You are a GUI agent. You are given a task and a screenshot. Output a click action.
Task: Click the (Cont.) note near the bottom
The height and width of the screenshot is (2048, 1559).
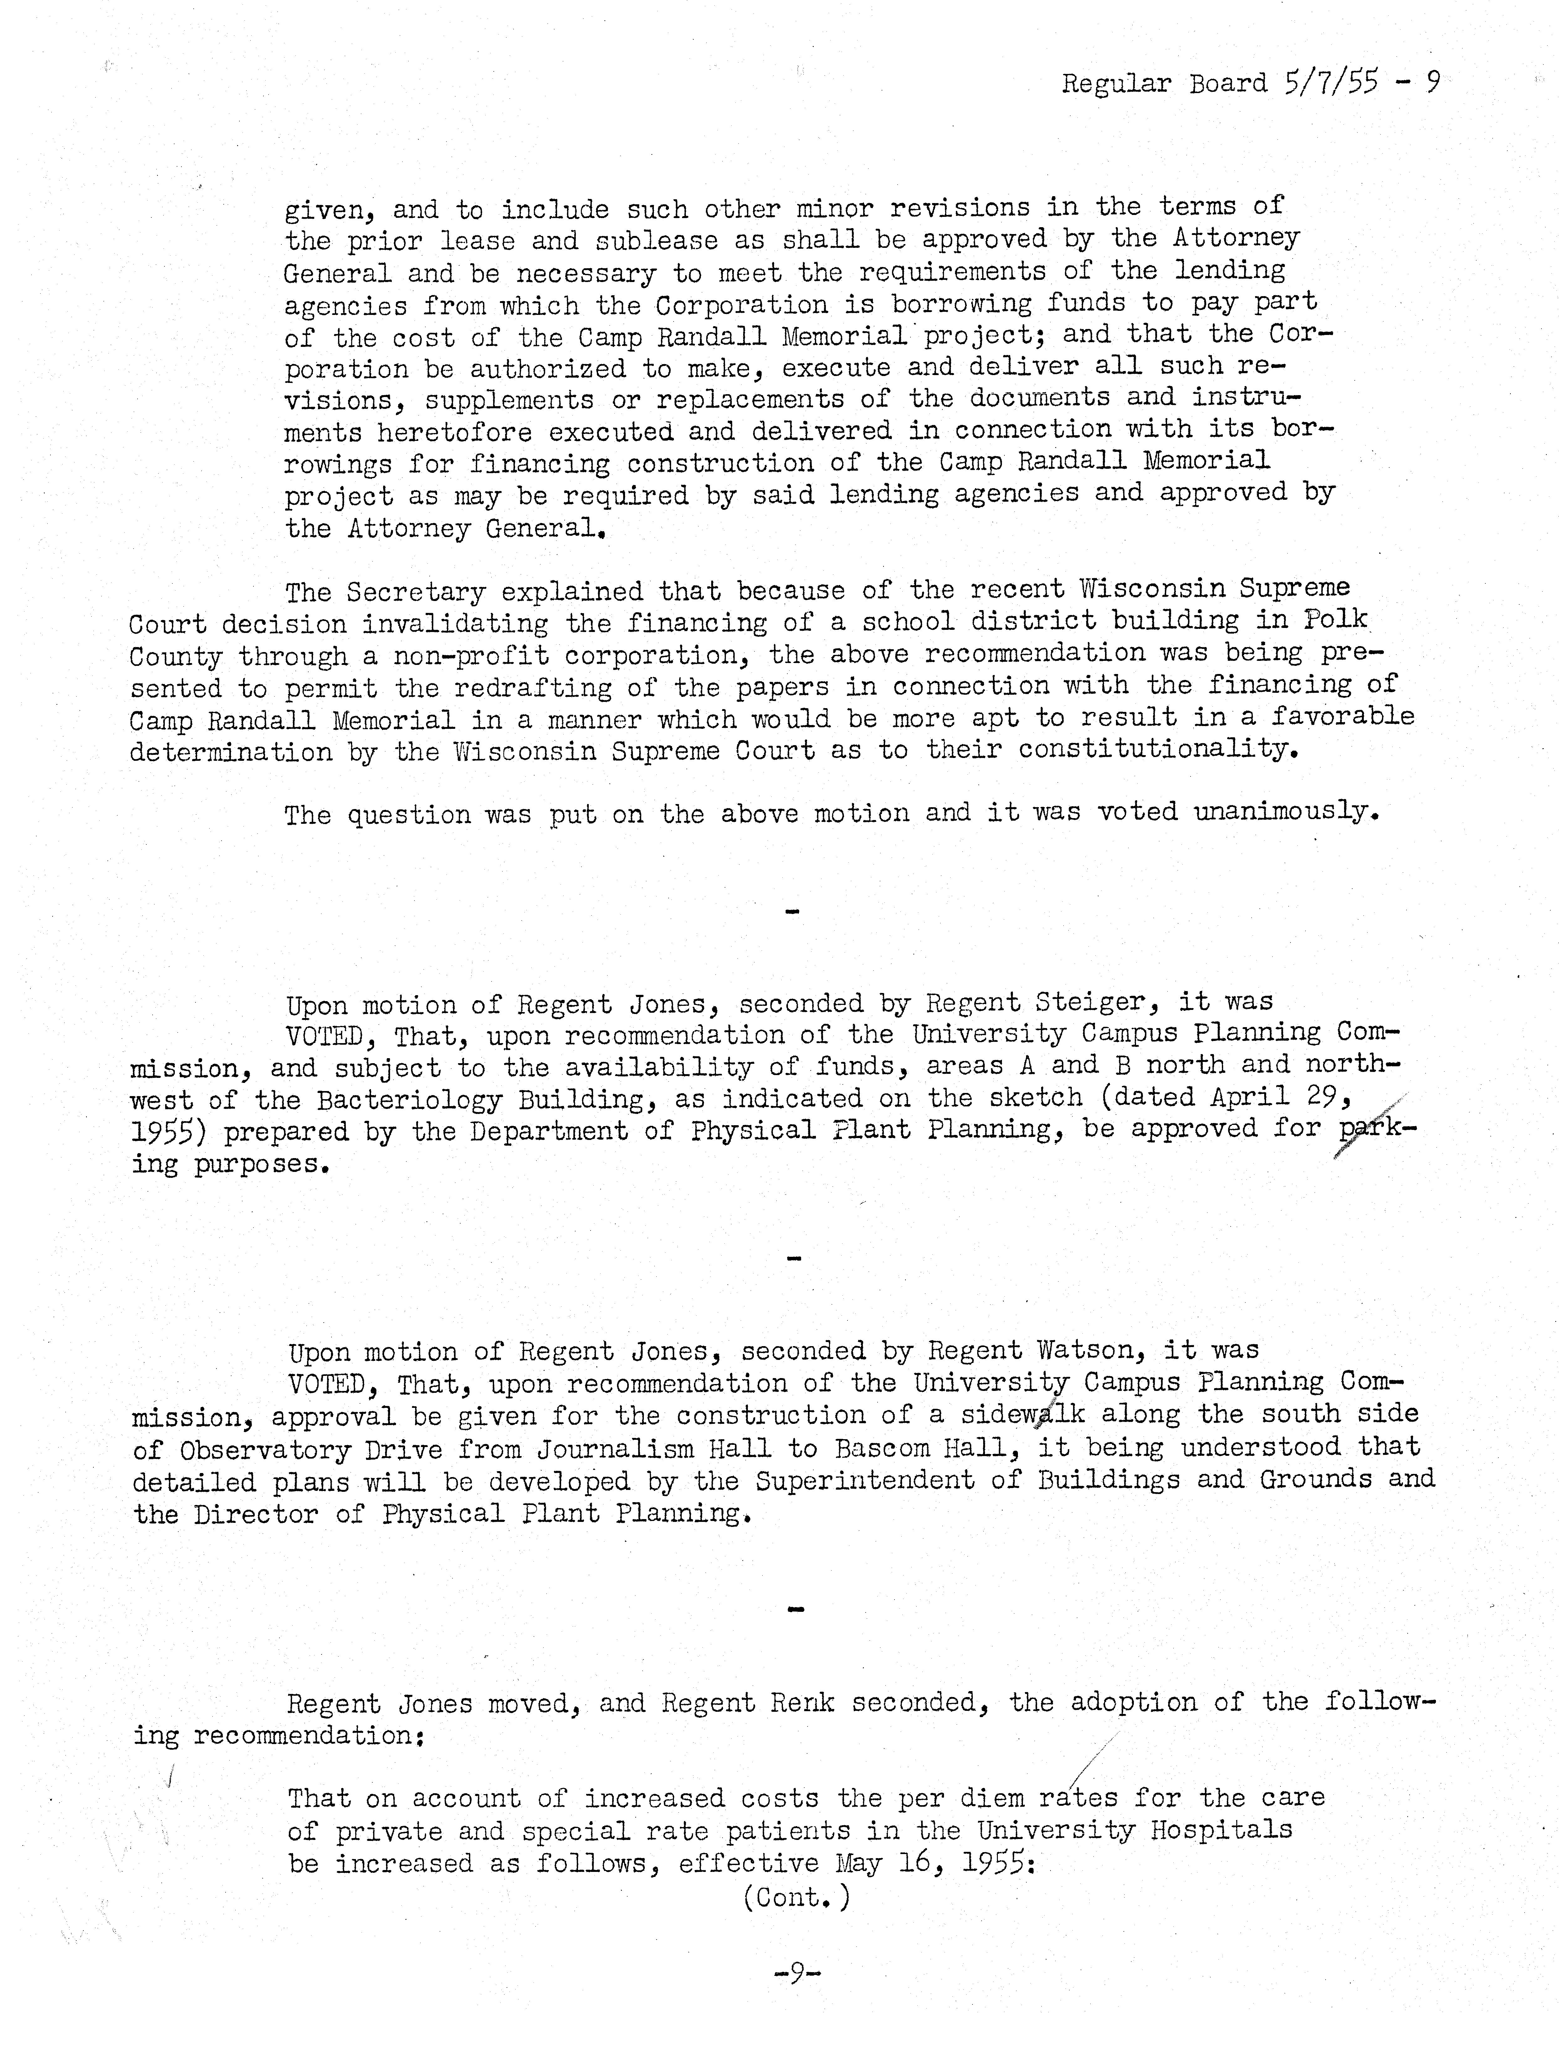pos(796,1898)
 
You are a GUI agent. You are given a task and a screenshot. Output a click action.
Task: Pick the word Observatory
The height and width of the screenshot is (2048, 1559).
pos(265,1450)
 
